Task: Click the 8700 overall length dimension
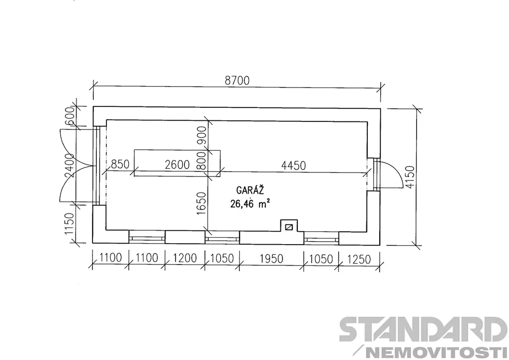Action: [x=237, y=80]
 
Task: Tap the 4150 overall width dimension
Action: [x=410, y=177]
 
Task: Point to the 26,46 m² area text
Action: [x=251, y=203]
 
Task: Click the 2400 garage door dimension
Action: [x=70, y=166]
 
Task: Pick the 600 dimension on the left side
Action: [x=70, y=117]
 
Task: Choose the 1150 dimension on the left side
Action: [x=70, y=224]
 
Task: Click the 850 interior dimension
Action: [x=120, y=164]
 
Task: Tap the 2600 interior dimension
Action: [x=177, y=165]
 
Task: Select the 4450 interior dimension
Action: [x=293, y=165]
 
